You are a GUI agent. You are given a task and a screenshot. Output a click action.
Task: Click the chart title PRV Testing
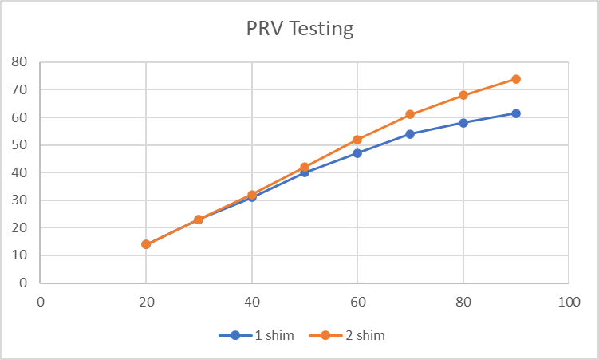299,30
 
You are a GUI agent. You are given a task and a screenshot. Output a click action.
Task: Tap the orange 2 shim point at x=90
516,79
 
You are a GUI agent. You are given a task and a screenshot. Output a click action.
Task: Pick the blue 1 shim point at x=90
516,113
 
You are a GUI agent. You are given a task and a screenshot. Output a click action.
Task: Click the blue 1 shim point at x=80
463,123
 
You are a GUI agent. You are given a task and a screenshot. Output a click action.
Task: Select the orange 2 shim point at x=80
463,95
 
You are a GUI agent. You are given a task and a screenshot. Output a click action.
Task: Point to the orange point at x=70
410,114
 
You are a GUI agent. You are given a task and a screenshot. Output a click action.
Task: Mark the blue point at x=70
410,134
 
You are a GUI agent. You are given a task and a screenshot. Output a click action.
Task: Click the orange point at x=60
357,140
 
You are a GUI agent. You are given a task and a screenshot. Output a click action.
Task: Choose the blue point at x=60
357,153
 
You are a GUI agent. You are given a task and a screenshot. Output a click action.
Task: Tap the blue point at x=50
305,172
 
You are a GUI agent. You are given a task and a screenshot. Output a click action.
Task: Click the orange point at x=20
146,244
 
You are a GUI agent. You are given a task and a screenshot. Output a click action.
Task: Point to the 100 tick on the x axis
569,302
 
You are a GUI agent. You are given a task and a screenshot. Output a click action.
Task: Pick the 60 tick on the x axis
357,302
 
